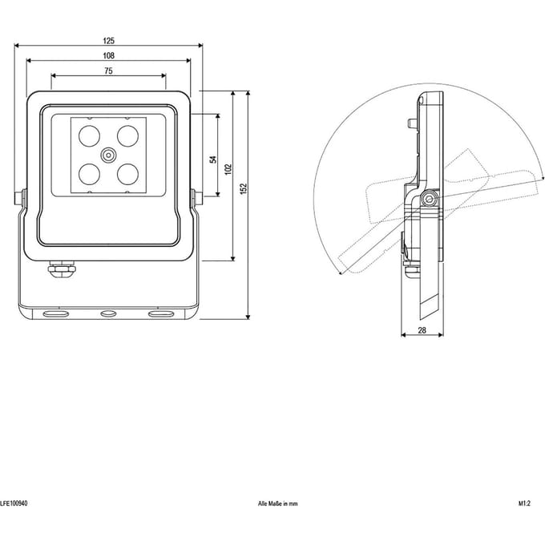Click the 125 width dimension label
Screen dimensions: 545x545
108,41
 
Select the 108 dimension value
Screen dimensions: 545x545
108,55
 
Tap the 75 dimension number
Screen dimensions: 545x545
108,71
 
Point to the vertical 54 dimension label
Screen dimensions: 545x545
213,159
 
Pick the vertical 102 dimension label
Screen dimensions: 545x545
228,169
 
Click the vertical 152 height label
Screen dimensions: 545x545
244,188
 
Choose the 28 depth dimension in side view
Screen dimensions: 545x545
422,330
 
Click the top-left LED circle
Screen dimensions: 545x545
89,136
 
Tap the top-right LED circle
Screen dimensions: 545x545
128,136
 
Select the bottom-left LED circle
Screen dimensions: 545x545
89,174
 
